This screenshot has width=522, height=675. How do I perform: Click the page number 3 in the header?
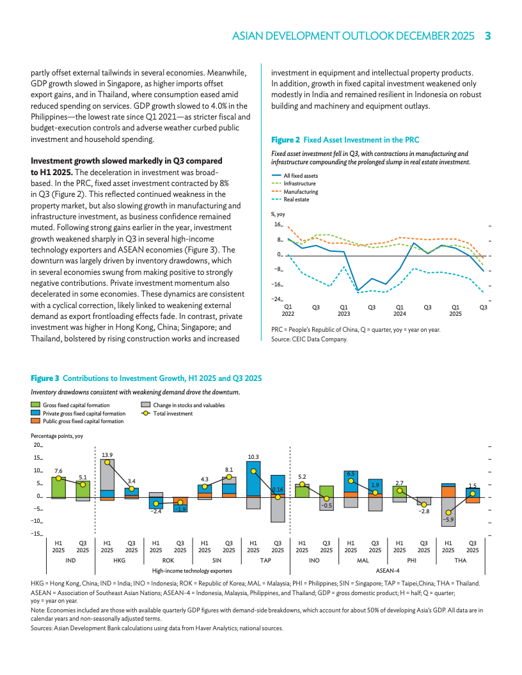[487, 36]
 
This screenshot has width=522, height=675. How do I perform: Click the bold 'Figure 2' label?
[285, 139]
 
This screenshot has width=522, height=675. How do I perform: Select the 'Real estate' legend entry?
[296, 199]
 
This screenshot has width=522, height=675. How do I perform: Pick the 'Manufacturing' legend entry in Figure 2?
[300, 192]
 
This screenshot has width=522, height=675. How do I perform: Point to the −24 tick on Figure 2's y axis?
[278, 299]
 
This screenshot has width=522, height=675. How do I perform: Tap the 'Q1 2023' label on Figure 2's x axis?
[344, 310]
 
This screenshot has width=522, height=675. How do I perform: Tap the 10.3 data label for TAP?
[253, 457]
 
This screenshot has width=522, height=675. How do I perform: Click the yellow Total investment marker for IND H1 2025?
[58, 478]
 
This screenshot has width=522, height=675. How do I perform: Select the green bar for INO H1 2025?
[302, 490]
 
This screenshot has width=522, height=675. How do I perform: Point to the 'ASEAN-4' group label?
[387, 570]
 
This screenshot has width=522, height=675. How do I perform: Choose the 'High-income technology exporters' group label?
[193, 570]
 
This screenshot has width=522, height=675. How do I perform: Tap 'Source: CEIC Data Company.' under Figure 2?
[310, 339]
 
